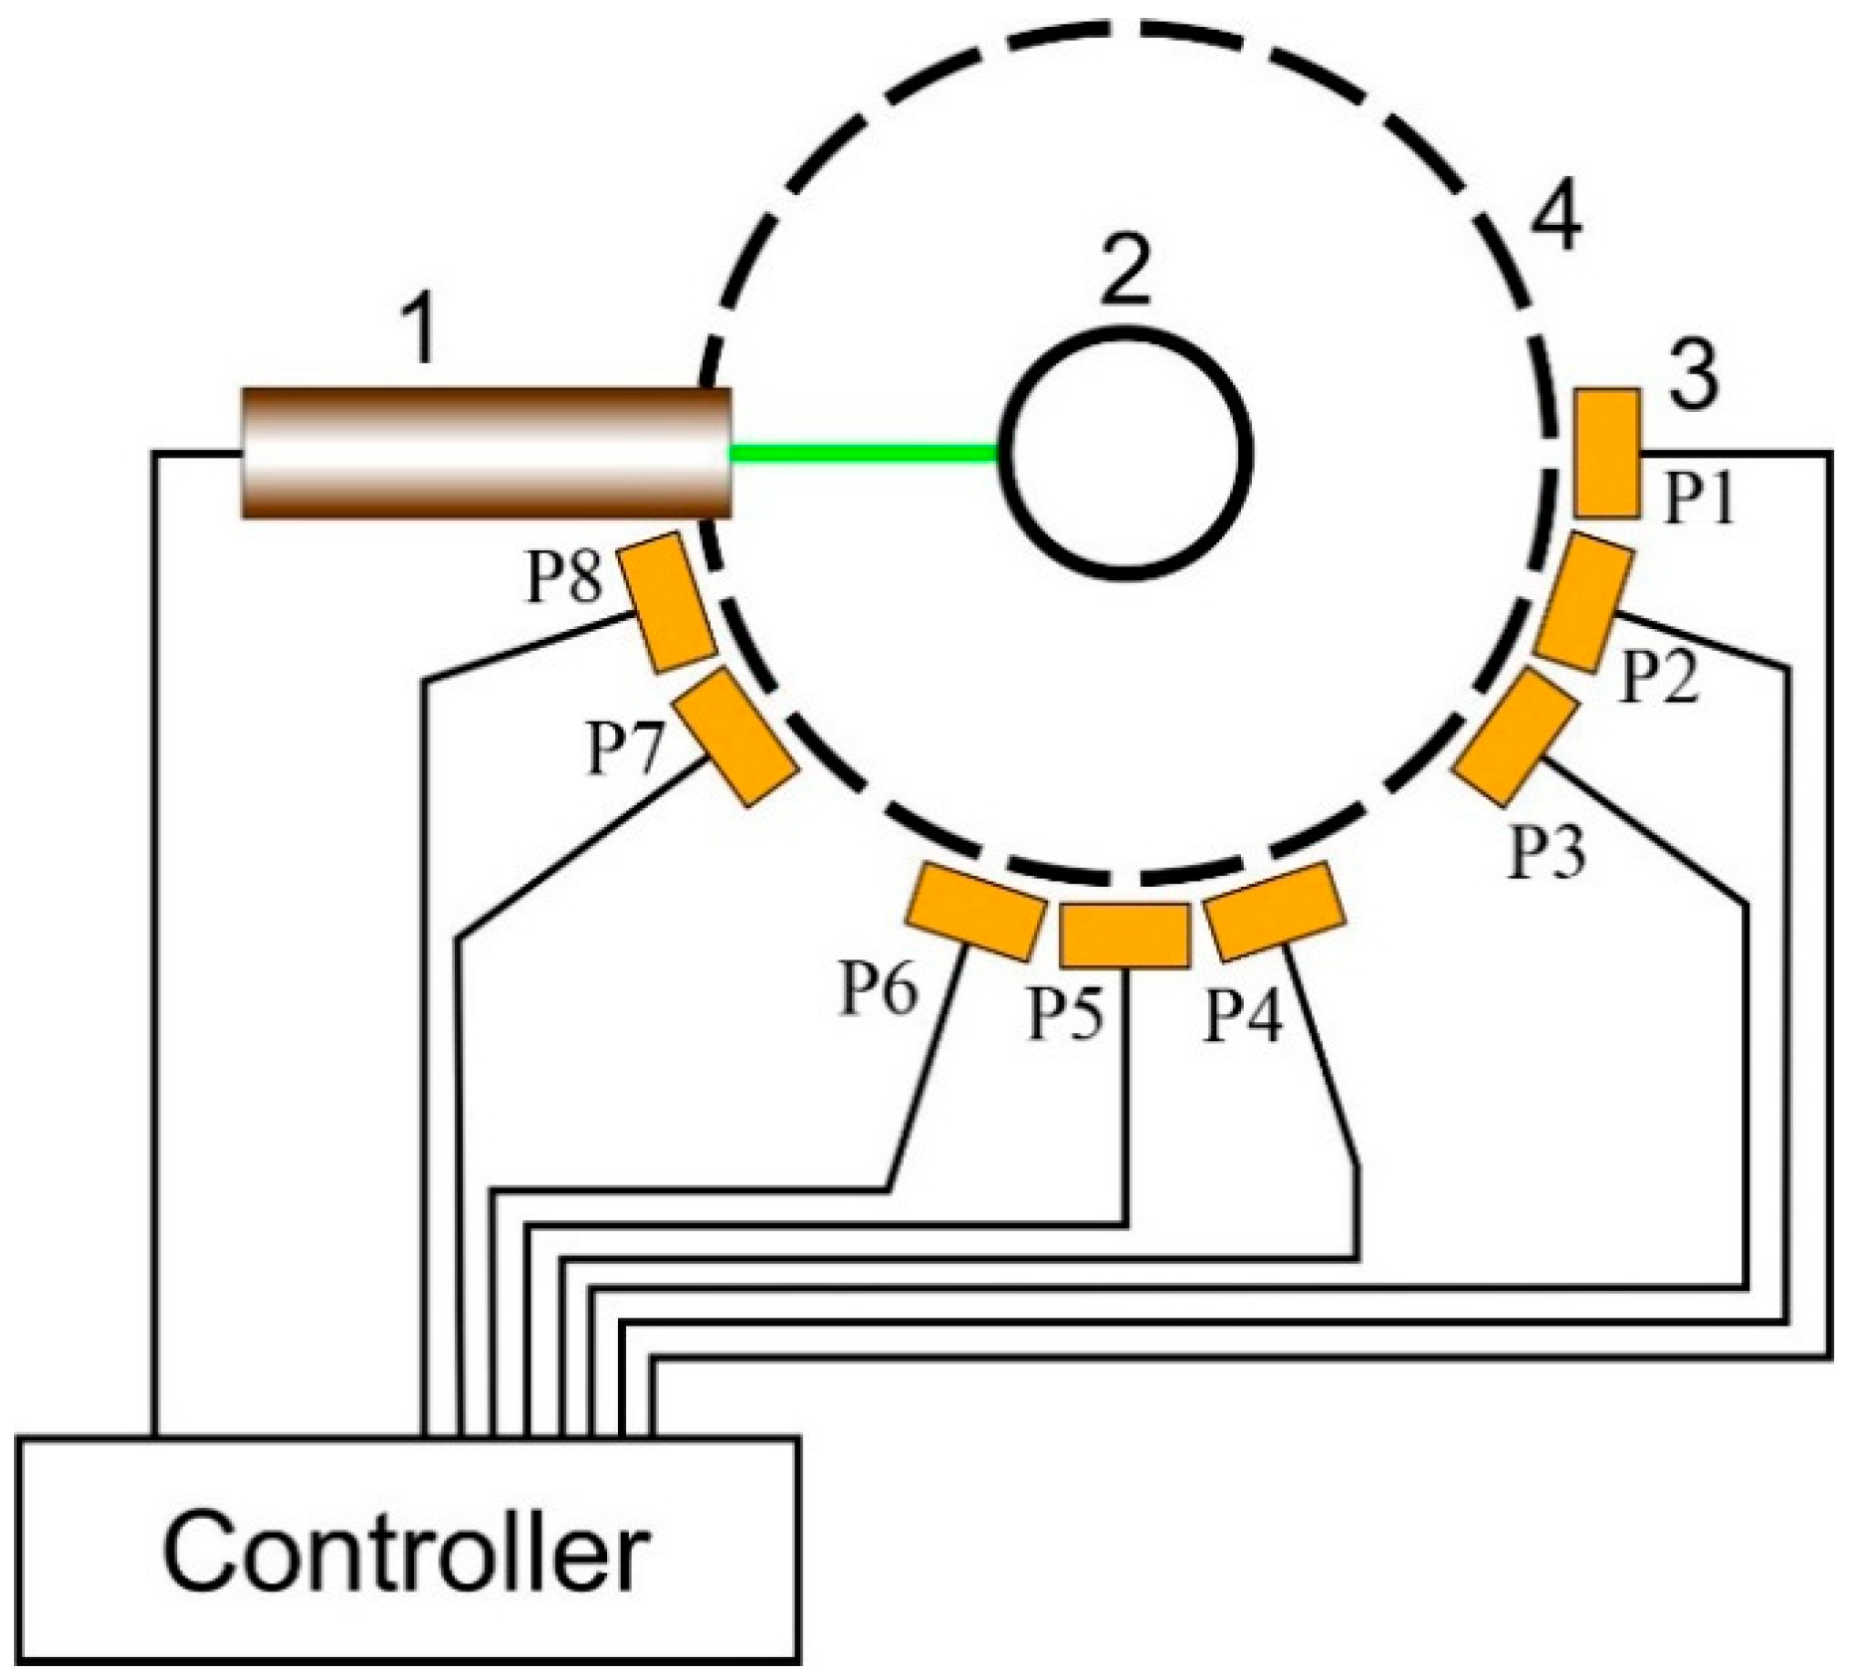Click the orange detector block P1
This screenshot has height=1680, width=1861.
coord(1607,453)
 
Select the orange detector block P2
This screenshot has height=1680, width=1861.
coord(1584,602)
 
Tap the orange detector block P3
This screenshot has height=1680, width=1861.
coord(1516,736)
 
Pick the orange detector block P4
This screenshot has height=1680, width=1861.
coord(1275,912)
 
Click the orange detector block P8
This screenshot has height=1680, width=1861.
coord(668,601)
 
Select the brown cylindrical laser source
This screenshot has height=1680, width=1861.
coord(487,453)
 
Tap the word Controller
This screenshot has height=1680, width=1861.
coord(406,1554)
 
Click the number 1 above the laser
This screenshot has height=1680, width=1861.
coord(422,330)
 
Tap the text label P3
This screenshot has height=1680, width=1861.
coord(1548,853)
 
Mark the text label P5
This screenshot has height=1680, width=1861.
coord(1066,1014)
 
